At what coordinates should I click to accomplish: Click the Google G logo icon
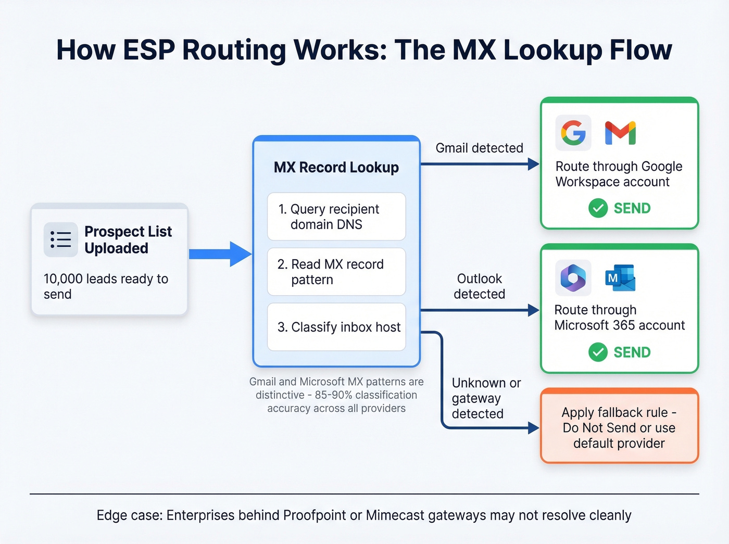[573, 133]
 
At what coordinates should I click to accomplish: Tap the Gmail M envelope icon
[620, 133]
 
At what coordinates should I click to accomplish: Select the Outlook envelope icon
[620, 278]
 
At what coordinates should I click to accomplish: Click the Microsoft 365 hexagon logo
[573, 278]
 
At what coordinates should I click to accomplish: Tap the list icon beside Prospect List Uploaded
[61, 239]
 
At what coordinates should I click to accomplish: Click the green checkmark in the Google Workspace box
[598, 208]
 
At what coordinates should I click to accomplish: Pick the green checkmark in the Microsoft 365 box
[598, 352]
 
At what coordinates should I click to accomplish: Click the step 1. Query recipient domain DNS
[336, 217]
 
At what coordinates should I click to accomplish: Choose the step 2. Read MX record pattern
[336, 272]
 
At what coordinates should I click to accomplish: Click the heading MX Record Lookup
[336, 168]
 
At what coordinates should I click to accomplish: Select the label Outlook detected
[479, 286]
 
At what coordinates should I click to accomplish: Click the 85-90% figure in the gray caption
[333, 395]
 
